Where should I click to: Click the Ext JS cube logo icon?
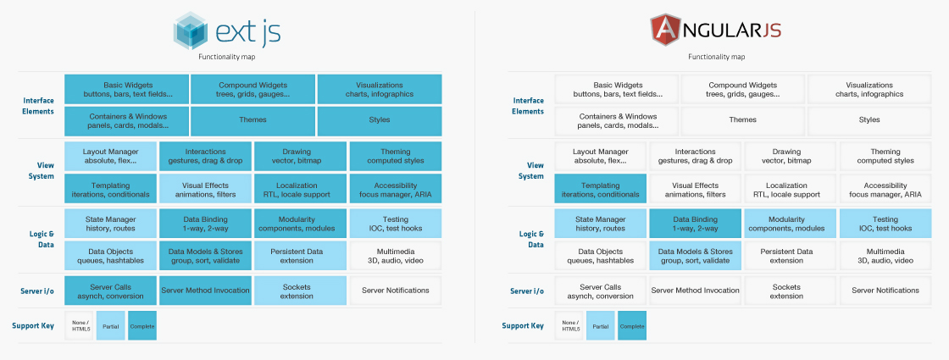point(190,31)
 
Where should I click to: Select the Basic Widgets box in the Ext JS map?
point(125,89)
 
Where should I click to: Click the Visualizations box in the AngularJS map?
point(869,89)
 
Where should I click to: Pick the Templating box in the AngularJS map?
point(600,190)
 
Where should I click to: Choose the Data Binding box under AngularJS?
point(695,224)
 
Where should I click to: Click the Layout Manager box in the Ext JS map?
point(111,156)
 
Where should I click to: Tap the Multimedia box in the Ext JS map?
point(396,256)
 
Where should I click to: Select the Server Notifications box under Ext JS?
point(396,291)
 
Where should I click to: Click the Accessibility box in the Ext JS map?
point(396,190)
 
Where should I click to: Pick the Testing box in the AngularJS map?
point(885,224)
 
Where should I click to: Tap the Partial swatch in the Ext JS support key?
point(110,325)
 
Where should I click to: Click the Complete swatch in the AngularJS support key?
point(632,325)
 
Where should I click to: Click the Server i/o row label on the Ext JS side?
point(37,291)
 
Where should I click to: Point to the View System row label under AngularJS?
point(530,171)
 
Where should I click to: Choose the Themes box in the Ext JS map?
point(253,120)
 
